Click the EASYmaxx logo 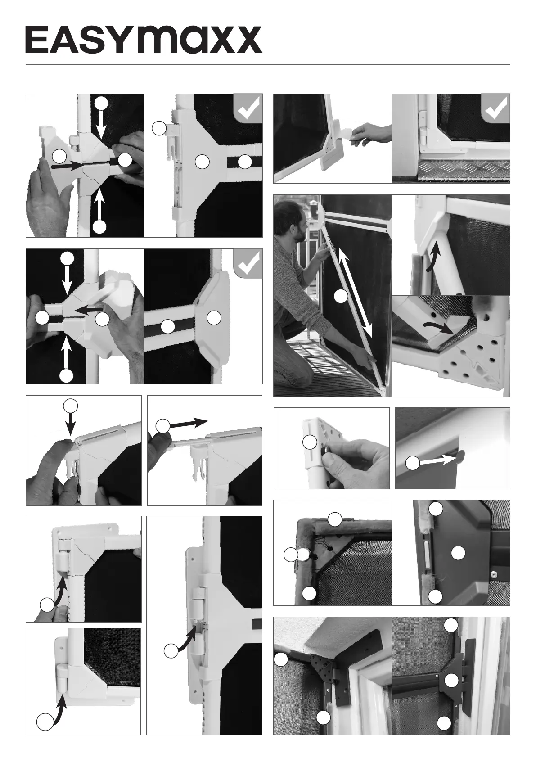(x=144, y=40)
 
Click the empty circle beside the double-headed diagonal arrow (x=341, y=297)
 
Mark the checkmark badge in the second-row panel (x=248, y=263)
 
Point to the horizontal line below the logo (x=268, y=65)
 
